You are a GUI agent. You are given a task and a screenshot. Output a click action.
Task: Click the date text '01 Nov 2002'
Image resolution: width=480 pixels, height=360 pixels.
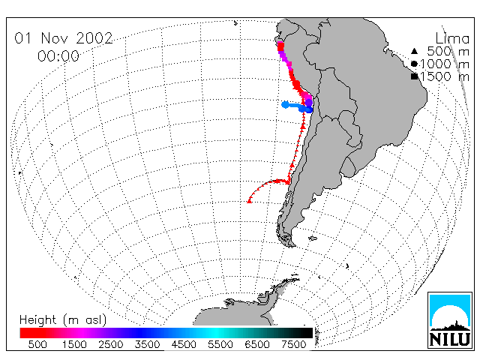click(64, 38)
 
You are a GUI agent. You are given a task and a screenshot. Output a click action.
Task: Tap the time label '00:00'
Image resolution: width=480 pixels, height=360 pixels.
click(58, 56)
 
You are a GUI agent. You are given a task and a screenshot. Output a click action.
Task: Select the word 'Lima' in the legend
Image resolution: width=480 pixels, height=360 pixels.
click(452, 38)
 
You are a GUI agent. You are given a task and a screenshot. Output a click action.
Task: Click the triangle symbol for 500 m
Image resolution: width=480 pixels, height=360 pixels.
click(414, 51)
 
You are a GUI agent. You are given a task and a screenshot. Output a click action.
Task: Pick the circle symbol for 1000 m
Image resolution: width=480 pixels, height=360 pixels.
click(414, 64)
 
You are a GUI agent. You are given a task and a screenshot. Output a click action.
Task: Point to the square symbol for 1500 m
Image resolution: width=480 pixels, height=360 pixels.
click(415, 76)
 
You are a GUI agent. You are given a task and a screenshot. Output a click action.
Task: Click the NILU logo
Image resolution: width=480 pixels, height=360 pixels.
click(450, 320)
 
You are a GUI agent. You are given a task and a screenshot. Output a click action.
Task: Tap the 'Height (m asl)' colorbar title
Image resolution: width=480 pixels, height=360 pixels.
click(63, 320)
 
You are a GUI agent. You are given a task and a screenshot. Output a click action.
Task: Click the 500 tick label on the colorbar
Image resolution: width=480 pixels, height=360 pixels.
click(37, 344)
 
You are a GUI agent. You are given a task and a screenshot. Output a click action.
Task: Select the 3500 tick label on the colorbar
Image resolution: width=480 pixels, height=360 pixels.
click(147, 344)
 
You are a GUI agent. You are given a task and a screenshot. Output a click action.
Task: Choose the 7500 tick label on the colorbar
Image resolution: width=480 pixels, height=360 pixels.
click(293, 344)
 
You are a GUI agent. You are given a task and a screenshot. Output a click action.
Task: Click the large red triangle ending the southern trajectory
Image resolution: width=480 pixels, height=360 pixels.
click(250, 201)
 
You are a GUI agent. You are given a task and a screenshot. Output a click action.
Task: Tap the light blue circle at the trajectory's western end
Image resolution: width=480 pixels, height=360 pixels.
click(285, 105)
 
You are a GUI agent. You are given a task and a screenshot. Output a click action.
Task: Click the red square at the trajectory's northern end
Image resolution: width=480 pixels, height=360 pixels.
click(280, 46)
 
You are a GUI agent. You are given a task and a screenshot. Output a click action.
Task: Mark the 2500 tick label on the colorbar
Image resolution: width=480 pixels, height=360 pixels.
click(110, 344)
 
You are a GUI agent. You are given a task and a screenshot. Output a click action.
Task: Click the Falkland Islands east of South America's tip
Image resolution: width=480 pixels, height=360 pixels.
click(313, 238)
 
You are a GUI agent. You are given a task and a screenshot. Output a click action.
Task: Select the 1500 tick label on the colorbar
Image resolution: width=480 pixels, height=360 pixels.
click(74, 344)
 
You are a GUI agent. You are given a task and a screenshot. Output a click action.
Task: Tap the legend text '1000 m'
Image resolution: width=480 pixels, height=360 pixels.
click(445, 64)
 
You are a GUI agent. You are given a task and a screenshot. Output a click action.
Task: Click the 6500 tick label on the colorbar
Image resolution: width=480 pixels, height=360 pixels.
click(257, 344)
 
